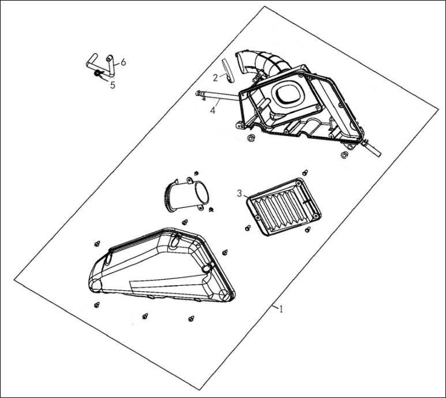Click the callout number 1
point(281,309)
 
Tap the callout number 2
point(215,78)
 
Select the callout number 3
point(239,194)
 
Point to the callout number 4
point(213,110)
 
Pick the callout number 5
point(113,85)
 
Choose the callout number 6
point(123,62)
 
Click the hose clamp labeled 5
point(98,74)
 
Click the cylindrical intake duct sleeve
point(186,195)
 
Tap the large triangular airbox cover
point(162,266)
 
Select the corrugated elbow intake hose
point(262,65)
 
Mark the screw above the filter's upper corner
point(305,172)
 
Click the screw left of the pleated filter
point(248,228)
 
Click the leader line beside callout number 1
point(275,307)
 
